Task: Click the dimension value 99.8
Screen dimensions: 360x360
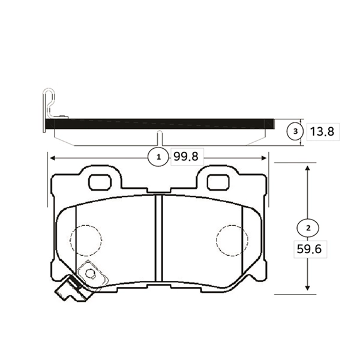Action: coord(186,157)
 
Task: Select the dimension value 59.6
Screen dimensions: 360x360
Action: coord(309,249)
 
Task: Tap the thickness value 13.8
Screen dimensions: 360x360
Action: coord(322,132)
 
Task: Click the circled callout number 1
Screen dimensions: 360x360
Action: coord(158,157)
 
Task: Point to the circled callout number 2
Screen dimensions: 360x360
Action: coord(308,228)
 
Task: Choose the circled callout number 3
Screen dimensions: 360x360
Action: coord(295,131)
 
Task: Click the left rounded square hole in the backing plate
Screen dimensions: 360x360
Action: coord(100,182)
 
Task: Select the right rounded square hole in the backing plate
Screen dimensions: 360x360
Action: coord(218,182)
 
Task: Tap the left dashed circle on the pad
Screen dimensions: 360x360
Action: coord(86,240)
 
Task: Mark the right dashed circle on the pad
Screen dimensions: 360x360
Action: coord(232,240)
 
